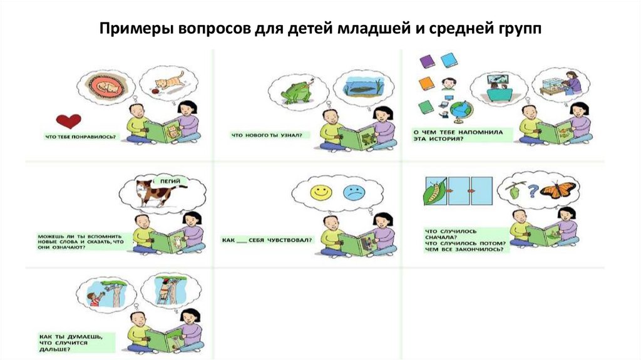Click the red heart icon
click(x=68, y=121)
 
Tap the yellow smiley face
click(x=321, y=192)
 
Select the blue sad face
click(x=354, y=192)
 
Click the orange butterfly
click(x=556, y=190)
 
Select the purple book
click(x=427, y=60)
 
